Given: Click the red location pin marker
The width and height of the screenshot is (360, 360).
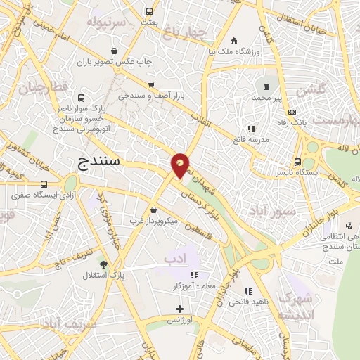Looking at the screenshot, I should coord(180,166).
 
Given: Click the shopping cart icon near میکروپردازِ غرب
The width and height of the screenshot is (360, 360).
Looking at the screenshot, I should coord(153,209).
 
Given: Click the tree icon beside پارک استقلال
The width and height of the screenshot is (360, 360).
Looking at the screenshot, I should coord(104,264).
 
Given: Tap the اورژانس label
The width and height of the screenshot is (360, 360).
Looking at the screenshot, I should coord(180,320).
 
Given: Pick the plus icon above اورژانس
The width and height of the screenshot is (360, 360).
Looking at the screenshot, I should coord(180,308).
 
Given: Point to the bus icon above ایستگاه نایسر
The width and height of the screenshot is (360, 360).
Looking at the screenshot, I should coord(298,160).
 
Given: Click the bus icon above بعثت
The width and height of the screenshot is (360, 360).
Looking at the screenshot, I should coord(149,11).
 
